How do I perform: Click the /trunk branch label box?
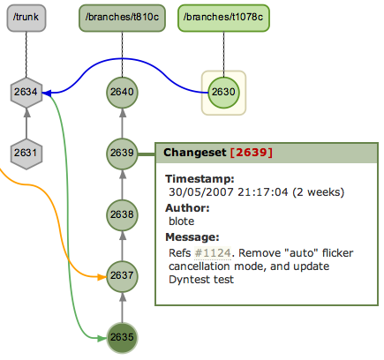coord(26,18)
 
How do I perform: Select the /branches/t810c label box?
coord(122,18)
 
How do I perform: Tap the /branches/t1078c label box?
coord(223,18)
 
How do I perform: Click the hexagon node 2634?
coord(26,93)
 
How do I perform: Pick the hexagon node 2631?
coord(26,154)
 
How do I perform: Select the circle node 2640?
coord(122,93)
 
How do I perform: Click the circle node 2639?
coord(122,154)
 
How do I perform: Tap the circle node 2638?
coord(122,214)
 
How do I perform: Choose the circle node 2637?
coord(122,276)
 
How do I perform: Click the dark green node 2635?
coord(122,337)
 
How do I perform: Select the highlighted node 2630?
coord(223,93)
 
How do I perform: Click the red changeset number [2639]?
coord(252,153)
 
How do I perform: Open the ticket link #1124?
coord(213,253)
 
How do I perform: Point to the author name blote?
coord(182,221)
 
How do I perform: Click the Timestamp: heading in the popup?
coord(200,179)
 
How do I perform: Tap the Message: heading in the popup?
coord(192,237)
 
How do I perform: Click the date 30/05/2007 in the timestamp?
coord(201,192)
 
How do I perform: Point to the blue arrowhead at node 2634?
coord(47,94)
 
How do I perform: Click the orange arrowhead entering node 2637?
coord(102,277)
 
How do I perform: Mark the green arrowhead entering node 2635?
coord(102,339)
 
